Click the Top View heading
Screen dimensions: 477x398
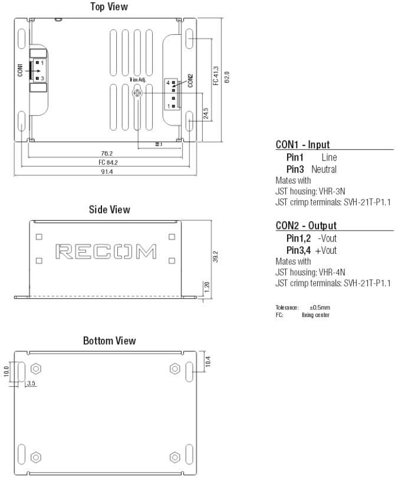point(108,7)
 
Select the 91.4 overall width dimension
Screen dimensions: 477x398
point(107,172)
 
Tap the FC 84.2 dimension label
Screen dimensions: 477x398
point(108,162)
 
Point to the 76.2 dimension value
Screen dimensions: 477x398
point(107,153)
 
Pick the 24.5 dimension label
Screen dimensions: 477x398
point(206,113)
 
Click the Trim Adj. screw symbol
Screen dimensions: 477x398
point(137,93)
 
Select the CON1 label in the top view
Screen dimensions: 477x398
point(21,70)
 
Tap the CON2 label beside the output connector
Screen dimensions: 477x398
point(190,80)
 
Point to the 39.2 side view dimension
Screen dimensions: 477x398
point(215,257)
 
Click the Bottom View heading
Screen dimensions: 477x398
point(109,341)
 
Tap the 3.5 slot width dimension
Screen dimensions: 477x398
point(32,384)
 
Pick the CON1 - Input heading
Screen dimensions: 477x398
point(302,145)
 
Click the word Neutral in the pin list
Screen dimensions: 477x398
point(324,169)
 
